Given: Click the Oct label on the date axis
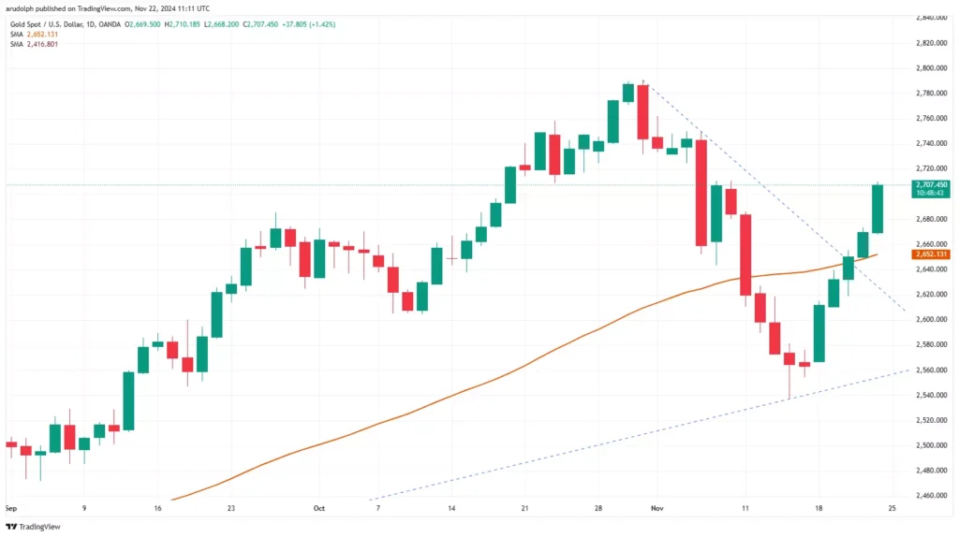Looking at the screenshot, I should tap(318, 509).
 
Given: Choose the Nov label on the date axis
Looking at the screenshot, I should tap(657, 509).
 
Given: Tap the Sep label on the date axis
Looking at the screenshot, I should tap(10, 509).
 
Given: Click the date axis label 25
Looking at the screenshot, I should tap(893, 509).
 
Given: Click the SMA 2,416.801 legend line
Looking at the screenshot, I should tap(34, 44).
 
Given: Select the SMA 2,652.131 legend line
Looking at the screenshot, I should tap(34, 34).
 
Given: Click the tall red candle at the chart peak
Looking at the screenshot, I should tap(642, 111).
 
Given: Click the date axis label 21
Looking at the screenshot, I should tap(524, 509).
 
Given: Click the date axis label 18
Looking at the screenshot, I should tap(819, 509).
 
